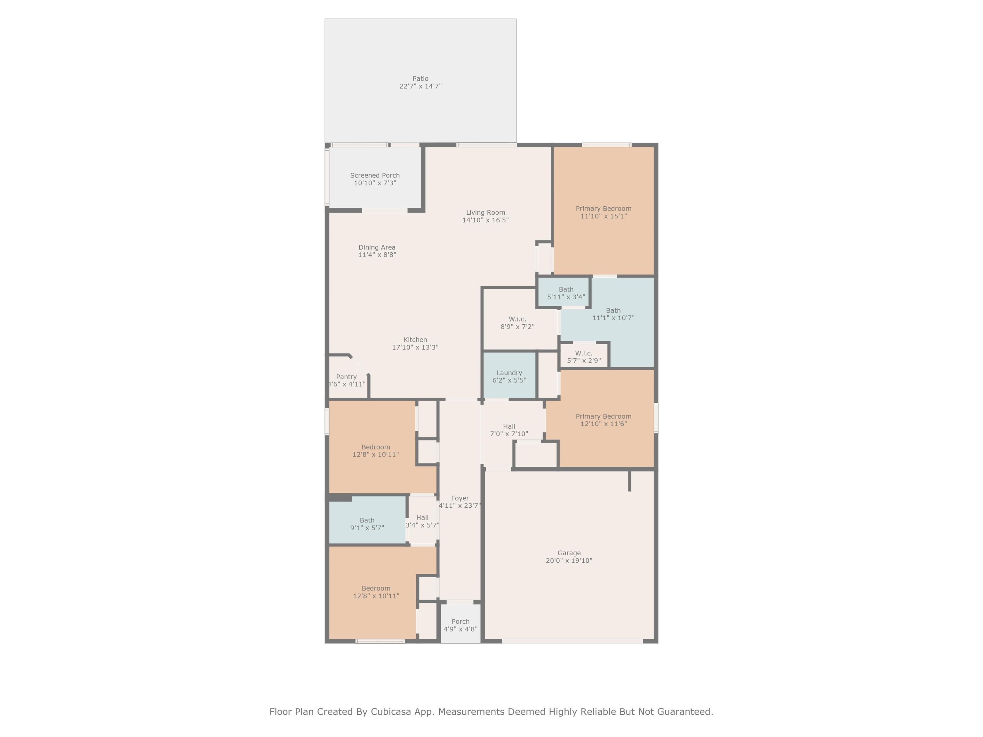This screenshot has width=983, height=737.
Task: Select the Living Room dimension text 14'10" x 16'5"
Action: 485,220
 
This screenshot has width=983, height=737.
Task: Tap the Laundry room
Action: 509,376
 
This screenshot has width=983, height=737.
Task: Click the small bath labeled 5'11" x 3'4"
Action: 563,291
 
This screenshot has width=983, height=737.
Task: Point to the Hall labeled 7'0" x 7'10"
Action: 509,430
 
